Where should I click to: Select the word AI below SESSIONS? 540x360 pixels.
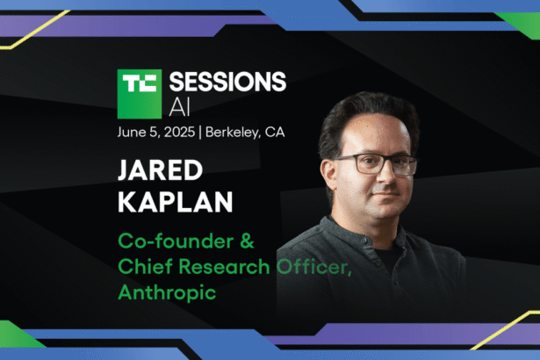tap(177, 108)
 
